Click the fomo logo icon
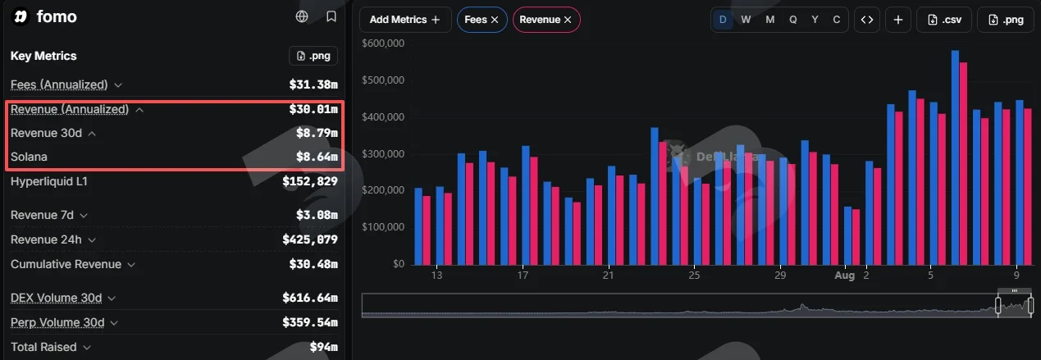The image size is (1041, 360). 21,17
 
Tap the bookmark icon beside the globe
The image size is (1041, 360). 331,16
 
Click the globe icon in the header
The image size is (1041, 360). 302,16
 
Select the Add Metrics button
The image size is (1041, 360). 405,20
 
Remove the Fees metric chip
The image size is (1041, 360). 495,20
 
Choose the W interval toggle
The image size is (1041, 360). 746,20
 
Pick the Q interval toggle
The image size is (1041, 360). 792,20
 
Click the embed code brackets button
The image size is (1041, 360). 867,20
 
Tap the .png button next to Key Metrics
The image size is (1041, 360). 313,56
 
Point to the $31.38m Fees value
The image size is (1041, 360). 313,84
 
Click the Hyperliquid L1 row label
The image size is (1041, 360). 48,181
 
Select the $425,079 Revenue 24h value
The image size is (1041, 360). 310,239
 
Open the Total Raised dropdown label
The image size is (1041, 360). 51,347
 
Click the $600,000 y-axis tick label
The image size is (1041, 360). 383,43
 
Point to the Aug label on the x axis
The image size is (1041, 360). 844,276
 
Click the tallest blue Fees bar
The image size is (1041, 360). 955,157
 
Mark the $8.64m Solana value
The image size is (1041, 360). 317,157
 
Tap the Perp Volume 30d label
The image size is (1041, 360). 57,322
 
